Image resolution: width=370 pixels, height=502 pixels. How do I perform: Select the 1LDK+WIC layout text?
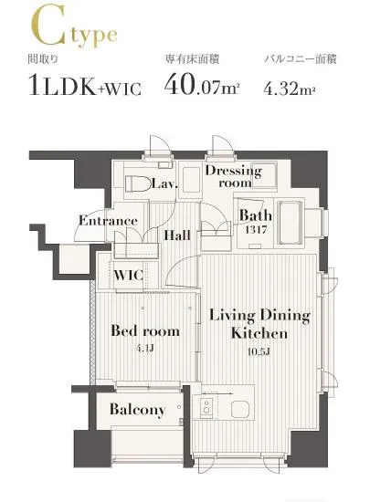click(x=85, y=85)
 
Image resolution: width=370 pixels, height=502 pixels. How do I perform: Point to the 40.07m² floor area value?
click(x=202, y=85)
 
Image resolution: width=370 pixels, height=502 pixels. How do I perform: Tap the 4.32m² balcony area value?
click(x=290, y=89)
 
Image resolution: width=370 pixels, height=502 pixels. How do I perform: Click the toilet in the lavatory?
click(x=138, y=183)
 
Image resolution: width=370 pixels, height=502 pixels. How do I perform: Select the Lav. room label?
click(x=164, y=183)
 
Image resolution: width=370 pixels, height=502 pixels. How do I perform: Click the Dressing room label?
click(x=234, y=176)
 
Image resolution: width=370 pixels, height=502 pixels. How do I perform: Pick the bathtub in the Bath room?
click(x=290, y=223)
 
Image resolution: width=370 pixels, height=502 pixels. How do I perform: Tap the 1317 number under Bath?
click(x=256, y=229)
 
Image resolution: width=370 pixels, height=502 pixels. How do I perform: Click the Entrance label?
click(x=109, y=221)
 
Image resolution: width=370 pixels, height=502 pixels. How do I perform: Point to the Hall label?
click(x=177, y=235)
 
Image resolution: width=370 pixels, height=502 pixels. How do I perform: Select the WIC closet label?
click(x=128, y=275)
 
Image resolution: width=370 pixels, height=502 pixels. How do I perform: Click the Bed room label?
click(x=145, y=330)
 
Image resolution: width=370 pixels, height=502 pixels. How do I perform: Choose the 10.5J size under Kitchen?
click(x=259, y=351)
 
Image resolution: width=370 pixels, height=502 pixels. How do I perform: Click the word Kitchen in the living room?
click(x=259, y=333)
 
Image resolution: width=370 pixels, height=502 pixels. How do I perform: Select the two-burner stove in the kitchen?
click(x=207, y=406)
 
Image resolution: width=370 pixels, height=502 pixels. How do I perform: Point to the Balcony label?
click(x=137, y=409)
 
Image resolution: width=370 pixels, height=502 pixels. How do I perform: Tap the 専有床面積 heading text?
click(x=192, y=59)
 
